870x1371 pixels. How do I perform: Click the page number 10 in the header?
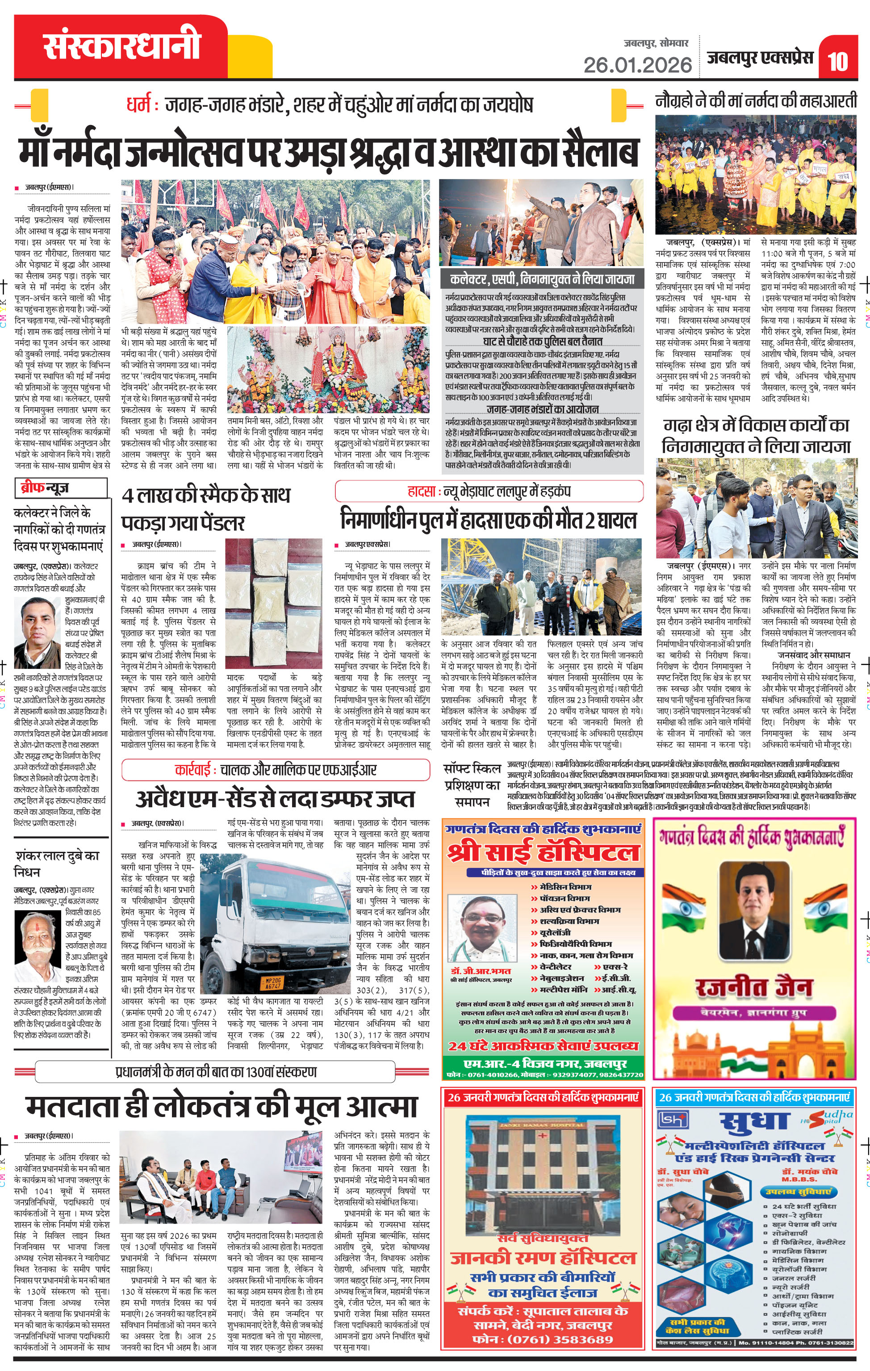click(837, 61)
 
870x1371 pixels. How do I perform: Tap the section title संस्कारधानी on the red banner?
click(122, 46)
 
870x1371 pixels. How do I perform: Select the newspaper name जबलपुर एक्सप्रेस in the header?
click(760, 58)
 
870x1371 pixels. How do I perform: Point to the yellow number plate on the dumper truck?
click(273, 982)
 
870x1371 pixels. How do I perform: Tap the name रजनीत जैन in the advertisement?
click(753, 987)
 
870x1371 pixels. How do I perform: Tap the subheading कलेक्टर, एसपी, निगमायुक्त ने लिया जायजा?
click(542, 279)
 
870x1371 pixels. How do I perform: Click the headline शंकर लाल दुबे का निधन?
click(57, 863)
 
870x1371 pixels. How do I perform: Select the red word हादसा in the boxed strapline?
click(421, 492)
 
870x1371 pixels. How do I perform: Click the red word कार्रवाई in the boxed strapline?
click(192, 771)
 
